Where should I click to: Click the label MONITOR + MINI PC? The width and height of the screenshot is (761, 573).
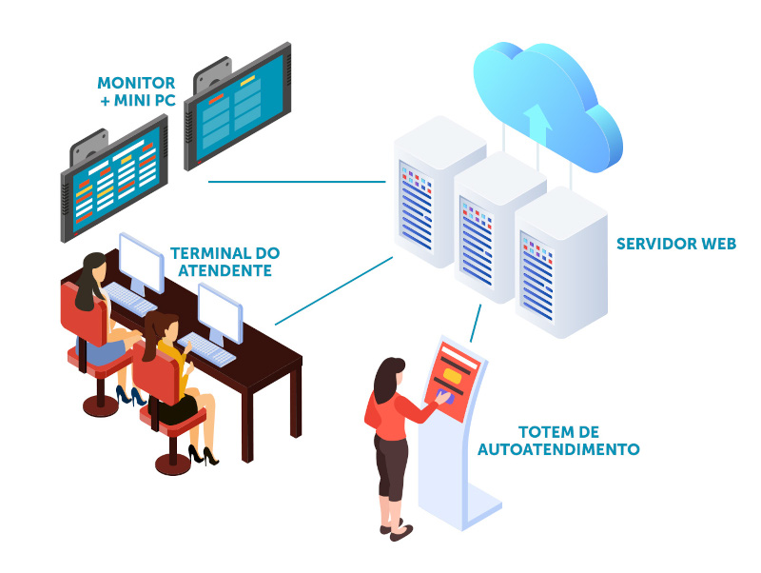(136, 92)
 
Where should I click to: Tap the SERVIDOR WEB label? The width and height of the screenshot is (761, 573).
(675, 244)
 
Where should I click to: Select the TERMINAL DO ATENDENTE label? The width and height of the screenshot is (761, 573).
(224, 262)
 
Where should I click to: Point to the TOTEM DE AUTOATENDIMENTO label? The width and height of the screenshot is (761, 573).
(557, 440)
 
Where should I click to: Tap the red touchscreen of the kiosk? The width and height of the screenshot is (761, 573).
(455, 379)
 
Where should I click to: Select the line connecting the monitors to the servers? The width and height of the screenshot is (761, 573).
(295, 181)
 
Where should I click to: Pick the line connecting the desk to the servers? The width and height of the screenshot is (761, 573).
(333, 290)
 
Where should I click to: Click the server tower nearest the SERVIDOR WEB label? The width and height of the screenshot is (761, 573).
(561, 262)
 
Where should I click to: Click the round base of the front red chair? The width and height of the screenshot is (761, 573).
(170, 462)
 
